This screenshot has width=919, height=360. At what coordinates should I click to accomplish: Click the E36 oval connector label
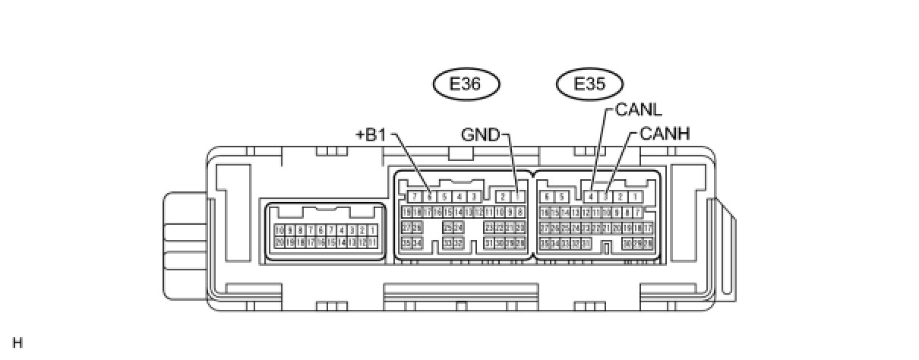point(466,84)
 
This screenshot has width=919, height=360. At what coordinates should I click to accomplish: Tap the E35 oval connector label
point(590,84)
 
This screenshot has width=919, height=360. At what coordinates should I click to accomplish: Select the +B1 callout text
point(371,135)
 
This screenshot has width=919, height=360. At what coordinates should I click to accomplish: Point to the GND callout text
point(481,135)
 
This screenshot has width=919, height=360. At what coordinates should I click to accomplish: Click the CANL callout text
point(639,110)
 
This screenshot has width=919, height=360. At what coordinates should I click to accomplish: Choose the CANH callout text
point(665,134)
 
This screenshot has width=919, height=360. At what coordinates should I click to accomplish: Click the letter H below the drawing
point(17,343)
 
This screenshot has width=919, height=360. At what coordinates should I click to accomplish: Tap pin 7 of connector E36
point(415,197)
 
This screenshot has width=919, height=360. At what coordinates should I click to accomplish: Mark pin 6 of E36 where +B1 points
point(430,197)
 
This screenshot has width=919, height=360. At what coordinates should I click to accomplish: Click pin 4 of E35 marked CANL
point(591,197)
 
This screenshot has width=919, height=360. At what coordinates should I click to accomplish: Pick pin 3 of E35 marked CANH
point(605,197)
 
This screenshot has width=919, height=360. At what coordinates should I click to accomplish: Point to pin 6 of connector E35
point(547,197)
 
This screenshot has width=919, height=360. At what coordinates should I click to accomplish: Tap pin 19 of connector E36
point(406,212)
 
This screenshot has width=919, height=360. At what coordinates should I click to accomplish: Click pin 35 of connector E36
point(406,242)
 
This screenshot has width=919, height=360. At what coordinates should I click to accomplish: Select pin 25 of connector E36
point(448,227)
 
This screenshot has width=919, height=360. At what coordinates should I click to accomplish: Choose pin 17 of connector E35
point(648,227)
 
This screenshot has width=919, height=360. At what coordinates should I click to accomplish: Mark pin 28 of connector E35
point(648,243)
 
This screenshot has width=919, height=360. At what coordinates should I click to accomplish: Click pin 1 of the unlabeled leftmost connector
point(373,229)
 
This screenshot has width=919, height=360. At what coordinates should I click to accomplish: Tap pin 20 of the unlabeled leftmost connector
point(279,242)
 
